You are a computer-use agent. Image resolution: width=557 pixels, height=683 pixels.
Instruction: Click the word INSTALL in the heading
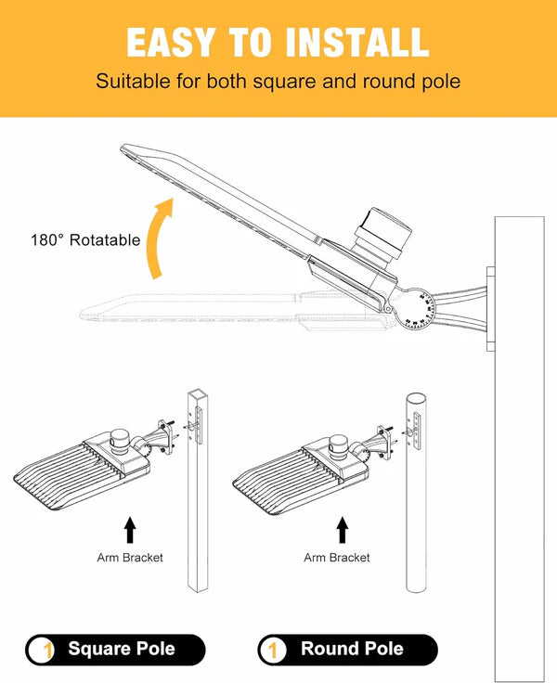(x=357, y=42)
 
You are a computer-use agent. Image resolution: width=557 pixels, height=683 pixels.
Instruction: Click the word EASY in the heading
(x=171, y=42)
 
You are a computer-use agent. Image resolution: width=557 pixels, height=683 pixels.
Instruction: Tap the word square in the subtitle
(x=285, y=82)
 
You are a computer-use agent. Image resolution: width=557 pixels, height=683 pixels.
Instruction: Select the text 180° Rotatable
(x=85, y=240)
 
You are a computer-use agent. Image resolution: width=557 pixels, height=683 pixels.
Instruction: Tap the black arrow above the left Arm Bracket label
(x=129, y=530)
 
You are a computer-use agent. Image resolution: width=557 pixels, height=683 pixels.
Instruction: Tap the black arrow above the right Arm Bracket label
(x=343, y=530)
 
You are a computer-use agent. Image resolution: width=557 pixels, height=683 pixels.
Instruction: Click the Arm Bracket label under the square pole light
(x=130, y=558)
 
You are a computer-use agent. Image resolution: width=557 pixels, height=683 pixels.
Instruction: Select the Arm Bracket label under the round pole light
(x=337, y=558)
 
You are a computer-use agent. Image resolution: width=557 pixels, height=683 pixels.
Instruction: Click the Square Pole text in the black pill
(x=122, y=649)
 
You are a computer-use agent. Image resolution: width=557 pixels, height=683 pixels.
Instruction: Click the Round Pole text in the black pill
(x=352, y=649)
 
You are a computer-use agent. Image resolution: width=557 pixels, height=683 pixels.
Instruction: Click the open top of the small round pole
(x=416, y=398)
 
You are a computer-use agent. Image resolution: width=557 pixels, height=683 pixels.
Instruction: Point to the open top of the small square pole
(x=198, y=393)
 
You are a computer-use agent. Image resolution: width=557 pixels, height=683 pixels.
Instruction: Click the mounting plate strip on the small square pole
(x=199, y=425)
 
